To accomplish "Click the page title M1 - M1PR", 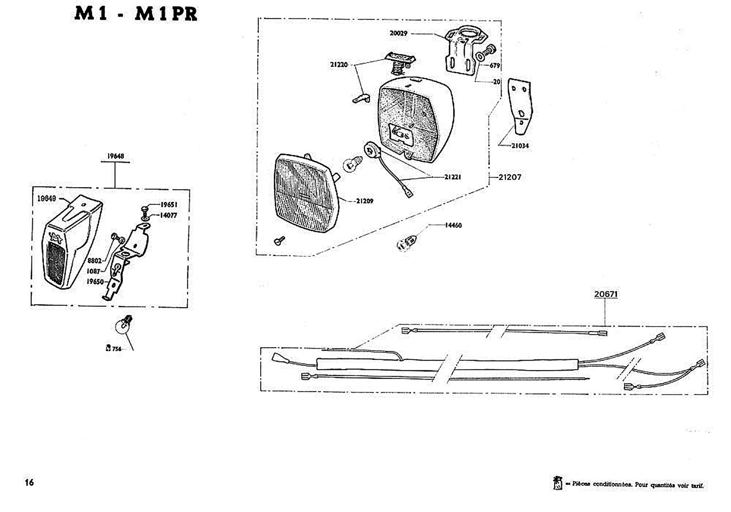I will pos(136,14).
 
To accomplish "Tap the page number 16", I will pos(29,483).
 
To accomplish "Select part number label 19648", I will pos(116,156).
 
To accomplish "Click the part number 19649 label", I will pos(46,198).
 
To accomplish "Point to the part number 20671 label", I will pos(606,294).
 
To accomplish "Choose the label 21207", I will pos(510,177).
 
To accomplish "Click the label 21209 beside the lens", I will pos(365,201).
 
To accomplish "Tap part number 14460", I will pos(453,225).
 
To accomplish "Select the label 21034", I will pos(520,146).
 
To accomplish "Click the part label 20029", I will pos(398,33).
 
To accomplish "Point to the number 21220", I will pos(339,65).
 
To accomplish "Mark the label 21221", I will pos(453,177).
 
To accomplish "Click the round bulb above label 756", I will pos(123,326).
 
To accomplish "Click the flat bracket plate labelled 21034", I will pos(521,105).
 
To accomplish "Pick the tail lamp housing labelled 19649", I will pos(70,243).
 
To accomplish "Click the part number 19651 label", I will pos(169,205).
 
